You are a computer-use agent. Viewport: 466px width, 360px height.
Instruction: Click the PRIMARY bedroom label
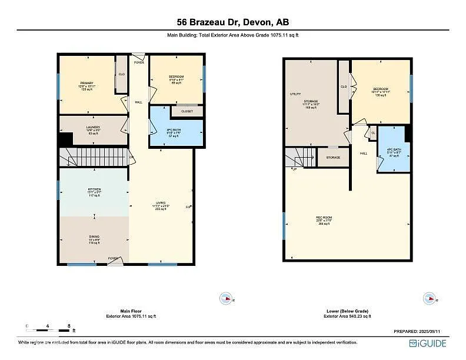coord(87,83)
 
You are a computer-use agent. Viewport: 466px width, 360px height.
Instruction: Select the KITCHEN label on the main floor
coord(94,189)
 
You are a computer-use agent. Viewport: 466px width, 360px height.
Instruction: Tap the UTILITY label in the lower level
coord(295,94)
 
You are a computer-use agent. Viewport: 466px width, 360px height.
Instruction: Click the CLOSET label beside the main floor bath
coord(187,111)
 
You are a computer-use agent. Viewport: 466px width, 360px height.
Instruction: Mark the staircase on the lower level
coord(300,157)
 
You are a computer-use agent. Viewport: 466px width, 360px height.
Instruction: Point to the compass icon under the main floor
coord(224,298)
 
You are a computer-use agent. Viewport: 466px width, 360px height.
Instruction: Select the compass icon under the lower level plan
coord(430,298)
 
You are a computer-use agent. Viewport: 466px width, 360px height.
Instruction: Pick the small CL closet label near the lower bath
coord(373,134)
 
